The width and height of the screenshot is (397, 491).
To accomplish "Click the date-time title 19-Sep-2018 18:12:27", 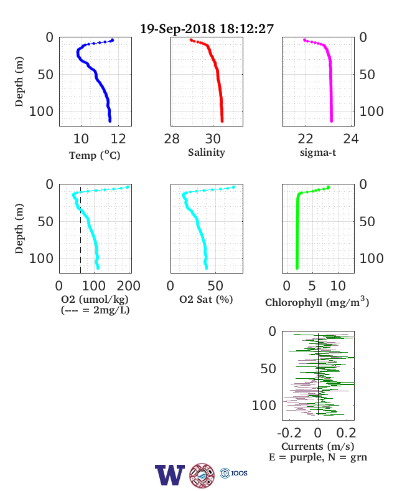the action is [207, 29].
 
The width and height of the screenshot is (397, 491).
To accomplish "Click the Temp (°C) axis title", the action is [95, 155].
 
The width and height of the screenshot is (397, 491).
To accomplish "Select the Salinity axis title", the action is [207, 153].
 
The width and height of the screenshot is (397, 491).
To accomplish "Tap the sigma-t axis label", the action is [318, 153].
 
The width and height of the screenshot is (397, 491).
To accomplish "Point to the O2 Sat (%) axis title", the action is [206, 300].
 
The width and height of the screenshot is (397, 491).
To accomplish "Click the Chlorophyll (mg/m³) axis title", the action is [317, 302].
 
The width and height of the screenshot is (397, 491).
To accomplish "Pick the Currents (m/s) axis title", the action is [317, 446].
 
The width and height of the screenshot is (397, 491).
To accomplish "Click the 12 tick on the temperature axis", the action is [118, 139].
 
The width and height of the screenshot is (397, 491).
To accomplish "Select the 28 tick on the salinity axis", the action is [172, 139].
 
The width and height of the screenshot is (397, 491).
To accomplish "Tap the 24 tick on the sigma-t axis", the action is [351, 139].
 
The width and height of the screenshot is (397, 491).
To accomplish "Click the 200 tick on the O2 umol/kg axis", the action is [128, 286].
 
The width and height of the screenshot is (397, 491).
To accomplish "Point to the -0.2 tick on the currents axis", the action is [289, 433].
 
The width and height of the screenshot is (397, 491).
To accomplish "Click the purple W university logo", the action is [170, 475].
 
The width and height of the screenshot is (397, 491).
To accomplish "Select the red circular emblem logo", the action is [202, 475].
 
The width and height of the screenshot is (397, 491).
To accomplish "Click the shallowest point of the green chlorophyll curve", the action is [328, 188].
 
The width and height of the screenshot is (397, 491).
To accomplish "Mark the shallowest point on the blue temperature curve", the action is [113, 40].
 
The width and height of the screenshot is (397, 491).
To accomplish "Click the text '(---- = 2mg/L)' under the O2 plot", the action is [95, 310].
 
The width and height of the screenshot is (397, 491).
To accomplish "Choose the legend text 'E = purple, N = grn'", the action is [318, 457].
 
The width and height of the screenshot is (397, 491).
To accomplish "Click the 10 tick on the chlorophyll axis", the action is [338, 286].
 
